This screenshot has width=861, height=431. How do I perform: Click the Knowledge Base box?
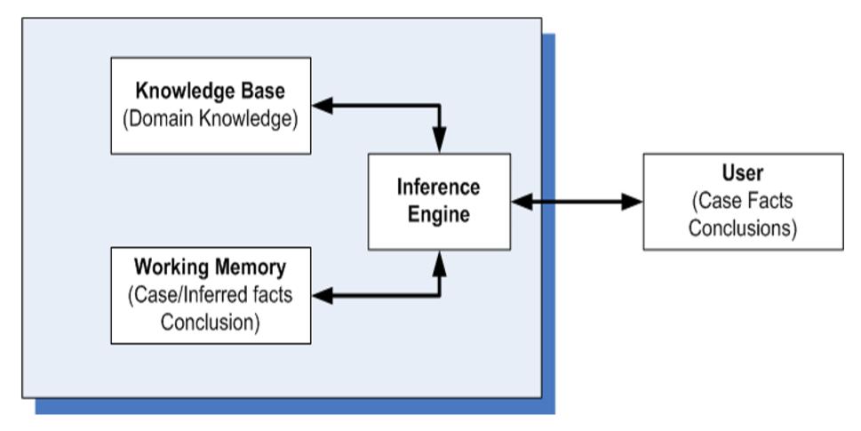coord(210,105)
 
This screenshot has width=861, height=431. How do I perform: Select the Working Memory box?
coord(210,295)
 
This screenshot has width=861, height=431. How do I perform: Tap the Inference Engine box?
coord(439,201)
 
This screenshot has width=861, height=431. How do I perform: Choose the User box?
coord(742,201)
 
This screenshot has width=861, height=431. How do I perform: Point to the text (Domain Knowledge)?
coord(210,118)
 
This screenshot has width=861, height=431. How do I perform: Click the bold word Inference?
coord(438,188)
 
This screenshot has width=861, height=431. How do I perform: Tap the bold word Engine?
coord(438,214)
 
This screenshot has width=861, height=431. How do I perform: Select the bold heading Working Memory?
coord(210,267)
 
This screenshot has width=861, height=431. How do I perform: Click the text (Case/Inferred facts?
coord(210,295)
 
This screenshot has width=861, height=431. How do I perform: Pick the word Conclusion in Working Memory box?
coord(210,321)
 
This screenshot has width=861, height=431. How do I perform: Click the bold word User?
coord(742,174)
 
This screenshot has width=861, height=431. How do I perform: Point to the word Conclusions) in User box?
coord(742,227)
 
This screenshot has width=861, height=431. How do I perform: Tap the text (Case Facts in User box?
coord(742,201)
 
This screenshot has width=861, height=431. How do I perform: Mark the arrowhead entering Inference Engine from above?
coord(440,142)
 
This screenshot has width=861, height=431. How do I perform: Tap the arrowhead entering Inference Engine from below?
coord(440,260)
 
